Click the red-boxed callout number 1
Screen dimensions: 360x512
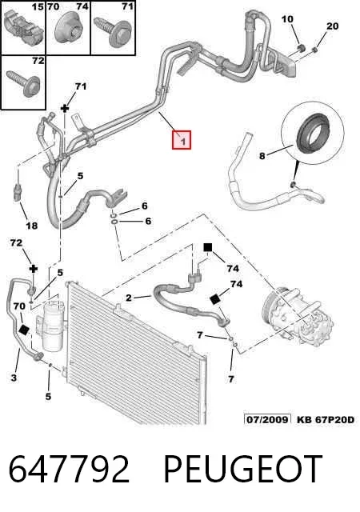(182, 141)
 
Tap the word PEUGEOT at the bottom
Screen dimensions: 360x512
(242, 470)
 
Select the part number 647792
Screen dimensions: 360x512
(69, 470)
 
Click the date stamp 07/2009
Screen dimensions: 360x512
(267, 419)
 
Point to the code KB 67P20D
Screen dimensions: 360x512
(325, 419)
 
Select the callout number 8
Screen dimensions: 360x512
(262, 156)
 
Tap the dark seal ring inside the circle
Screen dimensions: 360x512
(312, 131)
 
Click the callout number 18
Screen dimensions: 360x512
(32, 226)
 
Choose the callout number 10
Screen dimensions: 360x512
(287, 19)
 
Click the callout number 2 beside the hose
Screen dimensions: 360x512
(129, 298)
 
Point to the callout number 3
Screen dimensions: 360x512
(14, 378)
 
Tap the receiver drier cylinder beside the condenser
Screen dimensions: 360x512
(52, 327)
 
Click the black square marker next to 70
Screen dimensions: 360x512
(24, 330)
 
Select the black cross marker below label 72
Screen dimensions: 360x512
(34, 269)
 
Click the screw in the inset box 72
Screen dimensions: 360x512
(23, 82)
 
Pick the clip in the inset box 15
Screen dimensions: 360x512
(24, 29)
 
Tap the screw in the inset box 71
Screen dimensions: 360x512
(112, 30)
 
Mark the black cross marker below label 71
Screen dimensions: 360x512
(65, 109)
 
